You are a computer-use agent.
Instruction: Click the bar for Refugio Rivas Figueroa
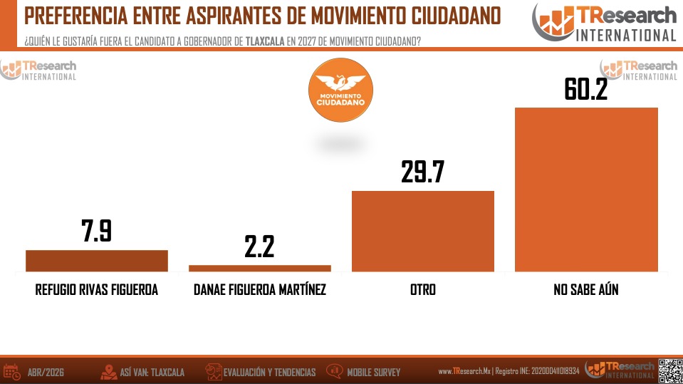(x=97, y=261)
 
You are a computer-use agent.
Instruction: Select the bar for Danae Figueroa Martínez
(x=260, y=268)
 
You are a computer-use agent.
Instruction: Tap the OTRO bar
(x=423, y=231)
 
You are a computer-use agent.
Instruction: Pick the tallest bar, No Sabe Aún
(x=586, y=190)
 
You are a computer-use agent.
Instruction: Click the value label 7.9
(x=97, y=232)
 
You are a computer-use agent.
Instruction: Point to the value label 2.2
(x=259, y=247)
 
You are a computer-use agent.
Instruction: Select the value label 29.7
(x=423, y=172)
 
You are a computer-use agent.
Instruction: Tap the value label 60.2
(x=586, y=89)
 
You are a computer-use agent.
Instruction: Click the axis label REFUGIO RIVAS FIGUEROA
(x=97, y=291)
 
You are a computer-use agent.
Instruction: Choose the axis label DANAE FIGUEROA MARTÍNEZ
(x=260, y=291)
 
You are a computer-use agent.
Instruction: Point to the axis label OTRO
(x=423, y=291)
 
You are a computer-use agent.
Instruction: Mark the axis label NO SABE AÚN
(x=586, y=291)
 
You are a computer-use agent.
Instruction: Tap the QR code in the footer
(x=669, y=370)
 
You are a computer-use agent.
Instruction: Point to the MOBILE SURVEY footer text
(x=373, y=372)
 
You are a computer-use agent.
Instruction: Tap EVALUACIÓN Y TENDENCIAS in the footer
(x=269, y=372)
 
